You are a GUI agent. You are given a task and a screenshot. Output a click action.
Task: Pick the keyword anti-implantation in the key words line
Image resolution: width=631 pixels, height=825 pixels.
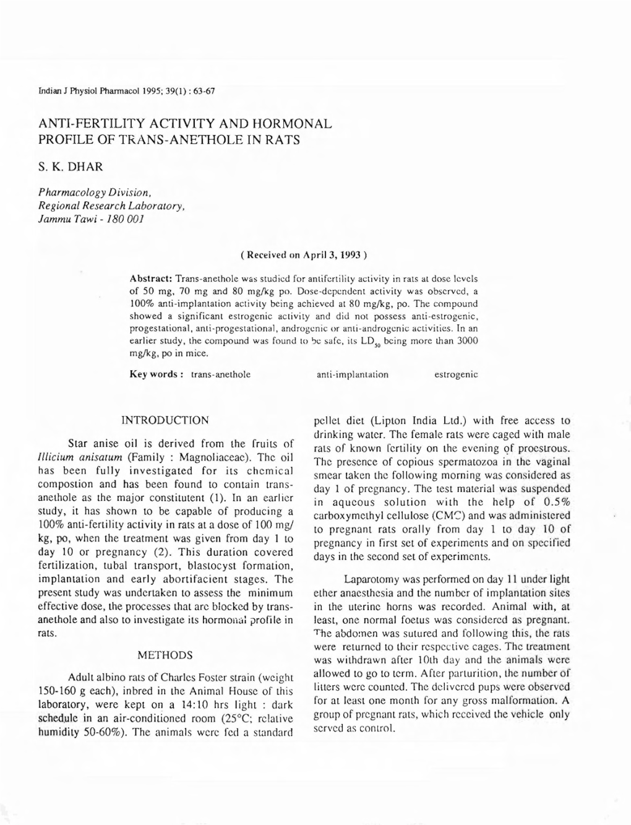point(352,374)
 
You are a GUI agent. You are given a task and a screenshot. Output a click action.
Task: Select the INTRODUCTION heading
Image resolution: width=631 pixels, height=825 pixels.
point(165,421)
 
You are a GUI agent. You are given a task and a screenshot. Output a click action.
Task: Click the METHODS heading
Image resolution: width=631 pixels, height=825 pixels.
point(165,655)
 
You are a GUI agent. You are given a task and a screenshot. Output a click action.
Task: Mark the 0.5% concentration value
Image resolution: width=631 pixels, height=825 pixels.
point(555,502)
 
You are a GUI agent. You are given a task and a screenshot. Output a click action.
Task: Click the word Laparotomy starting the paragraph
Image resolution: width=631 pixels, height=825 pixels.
point(371,579)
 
